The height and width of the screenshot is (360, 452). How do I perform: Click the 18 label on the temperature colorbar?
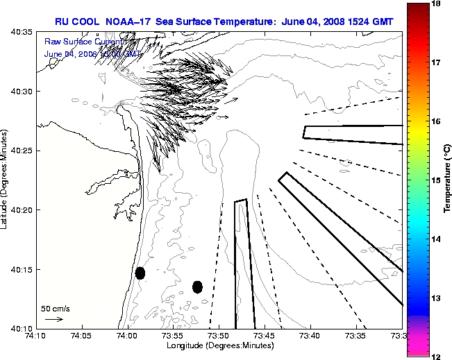[437, 4]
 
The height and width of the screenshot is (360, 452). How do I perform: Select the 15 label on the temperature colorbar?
[437, 180]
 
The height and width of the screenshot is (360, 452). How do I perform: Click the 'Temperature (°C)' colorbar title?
[448, 180]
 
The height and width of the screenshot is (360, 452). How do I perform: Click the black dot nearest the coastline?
[140, 273]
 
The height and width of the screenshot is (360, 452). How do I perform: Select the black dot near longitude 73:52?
[197, 286]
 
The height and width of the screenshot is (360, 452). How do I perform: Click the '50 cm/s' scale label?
[56, 309]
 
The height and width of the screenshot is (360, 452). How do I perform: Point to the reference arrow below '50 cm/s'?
[53, 319]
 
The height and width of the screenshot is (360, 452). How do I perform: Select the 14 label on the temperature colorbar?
[437, 239]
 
